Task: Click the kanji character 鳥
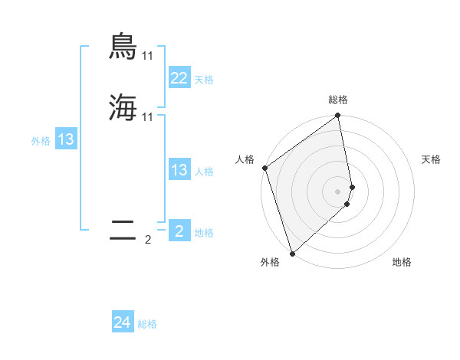coord(123,47)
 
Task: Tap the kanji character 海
coord(123,108)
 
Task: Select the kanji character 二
coord(123,231)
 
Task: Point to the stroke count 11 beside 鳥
coord(148,56)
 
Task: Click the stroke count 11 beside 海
coord(148,116)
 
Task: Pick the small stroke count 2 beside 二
coord(148,240)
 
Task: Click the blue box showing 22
coord(179,78)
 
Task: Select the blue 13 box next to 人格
coord(179,171)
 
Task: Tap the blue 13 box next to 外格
coord(66,140)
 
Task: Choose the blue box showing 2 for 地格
coord(179,231)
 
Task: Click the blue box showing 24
coord(122,323)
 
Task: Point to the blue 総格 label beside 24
coord(147,325)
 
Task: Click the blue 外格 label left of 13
coord(41,141)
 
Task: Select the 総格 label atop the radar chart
coord(338,100)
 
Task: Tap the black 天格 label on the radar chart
coord(431,159)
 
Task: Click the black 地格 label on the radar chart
coord(402,262)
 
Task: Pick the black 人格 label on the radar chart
coord(245,159)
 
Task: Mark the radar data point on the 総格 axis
coord(338,116)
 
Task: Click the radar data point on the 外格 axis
coord(292,254)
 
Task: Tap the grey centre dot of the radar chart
coord(338,191)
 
